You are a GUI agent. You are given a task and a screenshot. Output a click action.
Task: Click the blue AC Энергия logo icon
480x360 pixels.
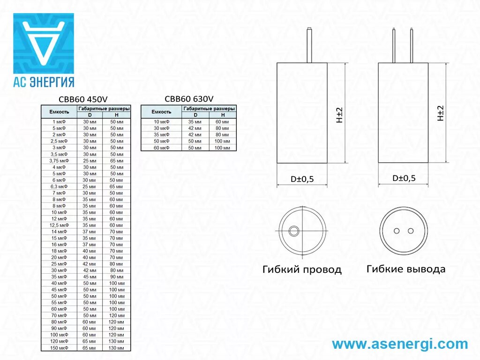click(43, 43)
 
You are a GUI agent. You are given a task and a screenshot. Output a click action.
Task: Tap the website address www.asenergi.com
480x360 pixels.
click(400, 344)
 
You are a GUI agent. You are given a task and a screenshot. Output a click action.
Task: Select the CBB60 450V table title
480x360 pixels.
click(83, 99)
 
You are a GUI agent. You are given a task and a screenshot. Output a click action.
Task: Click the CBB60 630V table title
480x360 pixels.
click(189, 98)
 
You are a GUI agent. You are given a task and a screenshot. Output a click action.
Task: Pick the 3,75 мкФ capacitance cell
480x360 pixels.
click(60, 161)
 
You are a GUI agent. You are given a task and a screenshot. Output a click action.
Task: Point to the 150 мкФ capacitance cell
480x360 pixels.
click(60, 348)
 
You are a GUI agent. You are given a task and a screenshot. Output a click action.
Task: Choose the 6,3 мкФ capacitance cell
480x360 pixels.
click(60, 187)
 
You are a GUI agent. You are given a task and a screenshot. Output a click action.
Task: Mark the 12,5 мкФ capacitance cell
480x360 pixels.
click(60, 225)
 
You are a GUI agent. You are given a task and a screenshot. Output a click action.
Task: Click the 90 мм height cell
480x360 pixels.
click(116, 277)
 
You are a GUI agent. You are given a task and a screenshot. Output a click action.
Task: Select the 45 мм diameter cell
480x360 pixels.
click(89, 277)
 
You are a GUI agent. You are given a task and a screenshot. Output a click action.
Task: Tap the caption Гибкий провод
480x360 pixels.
click(302, 270)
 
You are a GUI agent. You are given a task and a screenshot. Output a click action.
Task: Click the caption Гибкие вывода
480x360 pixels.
click(406, 269)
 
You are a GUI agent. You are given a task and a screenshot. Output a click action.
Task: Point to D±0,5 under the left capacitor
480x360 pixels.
click(302, 179)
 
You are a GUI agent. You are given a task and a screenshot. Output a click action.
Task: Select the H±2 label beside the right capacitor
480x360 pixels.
click(440, 113)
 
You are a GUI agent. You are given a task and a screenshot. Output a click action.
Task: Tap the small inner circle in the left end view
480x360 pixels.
click(294, 231)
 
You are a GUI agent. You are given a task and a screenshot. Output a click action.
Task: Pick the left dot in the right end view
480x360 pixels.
click(397, 231)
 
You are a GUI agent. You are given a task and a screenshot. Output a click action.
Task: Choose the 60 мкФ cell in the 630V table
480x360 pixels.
click(161, 148)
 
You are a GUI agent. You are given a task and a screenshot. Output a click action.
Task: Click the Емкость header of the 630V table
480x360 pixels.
click(161, 112)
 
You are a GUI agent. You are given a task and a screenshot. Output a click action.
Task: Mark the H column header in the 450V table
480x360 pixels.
click(116, 115)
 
